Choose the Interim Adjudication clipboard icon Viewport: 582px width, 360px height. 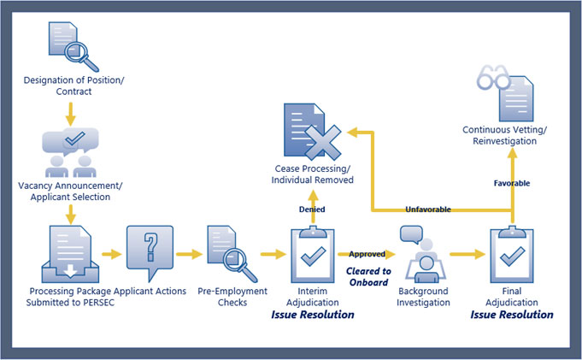tap(312, 253)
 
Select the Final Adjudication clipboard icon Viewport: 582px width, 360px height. tap(511, 253)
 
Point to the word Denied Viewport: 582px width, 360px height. tap(310, 209)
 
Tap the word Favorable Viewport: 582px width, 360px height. tap(512, 183)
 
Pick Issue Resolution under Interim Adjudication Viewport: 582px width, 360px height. tap(312, 315)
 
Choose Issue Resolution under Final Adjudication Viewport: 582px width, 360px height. tap(511, 315)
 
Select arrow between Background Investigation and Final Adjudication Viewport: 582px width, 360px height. tap(466, 254)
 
